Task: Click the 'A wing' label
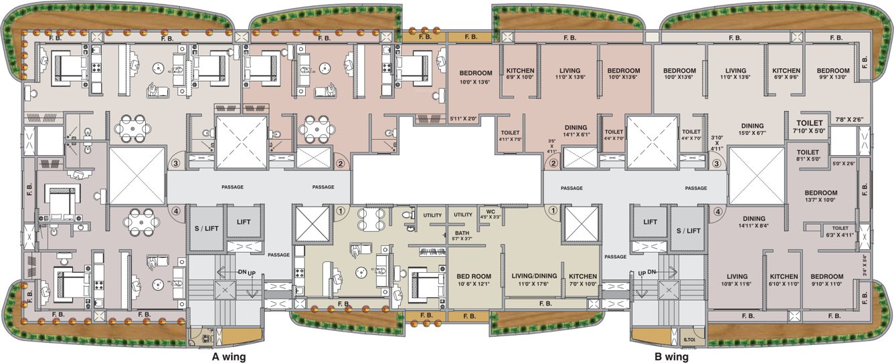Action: (229, 357)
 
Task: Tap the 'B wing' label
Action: (671, 357)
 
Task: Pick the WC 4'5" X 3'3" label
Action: (490, 215)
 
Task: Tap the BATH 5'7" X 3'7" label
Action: (462, 235)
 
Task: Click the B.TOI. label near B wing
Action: (689, 340)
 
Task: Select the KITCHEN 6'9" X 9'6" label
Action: (786, 74)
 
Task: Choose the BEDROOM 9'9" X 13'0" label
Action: (833, 74)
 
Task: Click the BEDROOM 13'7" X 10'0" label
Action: (821, 197)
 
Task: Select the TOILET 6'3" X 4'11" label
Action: (840, 231)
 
